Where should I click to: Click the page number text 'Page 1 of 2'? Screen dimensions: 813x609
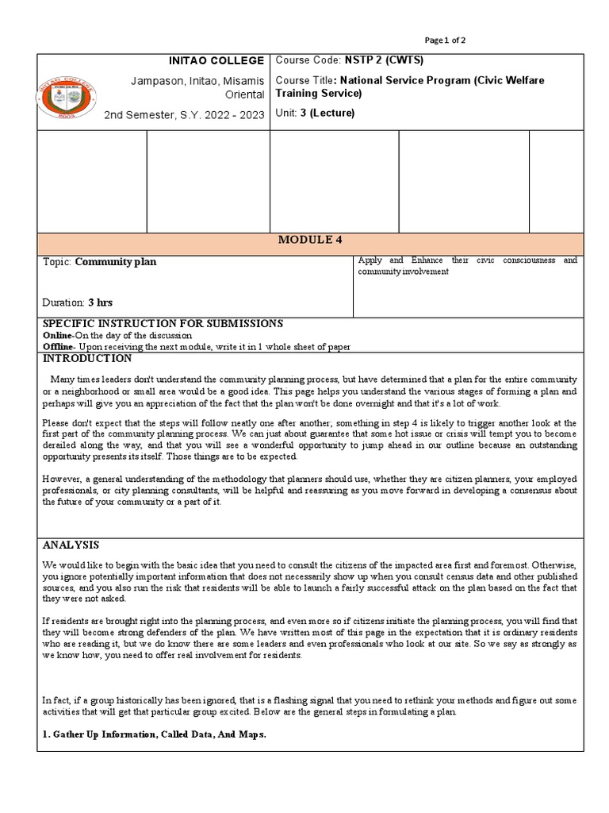pyautogui.click(x=445, y=40)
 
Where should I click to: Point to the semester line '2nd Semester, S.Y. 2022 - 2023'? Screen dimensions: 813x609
pyautogui.click(x=184, y=115)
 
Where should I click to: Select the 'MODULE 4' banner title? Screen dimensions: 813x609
pyautogui.click(x=310, y=241)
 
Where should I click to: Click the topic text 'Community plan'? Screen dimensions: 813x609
pyautogui.click(x=115, y=262)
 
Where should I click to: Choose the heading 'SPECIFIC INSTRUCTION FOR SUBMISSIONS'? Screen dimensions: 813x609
pyautogui.click(x=163, y=324)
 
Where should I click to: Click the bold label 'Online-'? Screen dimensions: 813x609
pyautogui.click(x=58, y=336)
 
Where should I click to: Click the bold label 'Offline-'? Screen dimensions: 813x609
pyautogui.click(x=59, y=347)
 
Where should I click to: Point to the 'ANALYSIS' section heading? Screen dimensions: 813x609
pyautogui.click(x=71, y=545)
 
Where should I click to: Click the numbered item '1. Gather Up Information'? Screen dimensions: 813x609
pyautogui.click(x=154, y=735)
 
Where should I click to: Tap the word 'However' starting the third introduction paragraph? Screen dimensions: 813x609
pyautogui.click(x=61, y=480)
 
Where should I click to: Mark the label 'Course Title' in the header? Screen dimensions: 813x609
pyautogui.click(x=303, y=81)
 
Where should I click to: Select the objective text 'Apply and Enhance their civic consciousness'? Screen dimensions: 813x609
pyautogui.click(x=467, y=260)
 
